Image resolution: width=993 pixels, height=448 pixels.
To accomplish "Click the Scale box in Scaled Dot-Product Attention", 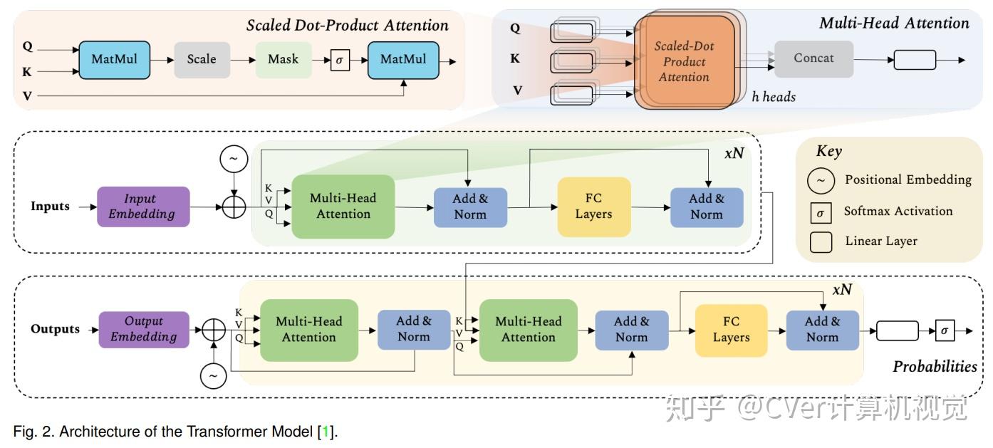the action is [202, 60].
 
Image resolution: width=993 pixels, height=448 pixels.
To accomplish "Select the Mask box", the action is [284, 60].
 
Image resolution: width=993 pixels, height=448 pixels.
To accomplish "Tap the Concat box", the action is [813, 59].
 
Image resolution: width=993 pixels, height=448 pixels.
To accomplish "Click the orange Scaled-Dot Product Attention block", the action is [684, 61].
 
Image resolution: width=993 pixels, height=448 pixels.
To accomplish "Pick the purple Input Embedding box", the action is [143, 207].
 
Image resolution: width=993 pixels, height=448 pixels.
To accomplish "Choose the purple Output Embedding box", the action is [144, 329].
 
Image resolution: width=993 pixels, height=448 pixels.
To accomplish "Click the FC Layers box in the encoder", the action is [593, 207].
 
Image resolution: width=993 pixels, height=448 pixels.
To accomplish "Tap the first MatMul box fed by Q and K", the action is [115, 60].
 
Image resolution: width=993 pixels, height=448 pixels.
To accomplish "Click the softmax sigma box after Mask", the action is [340, 61].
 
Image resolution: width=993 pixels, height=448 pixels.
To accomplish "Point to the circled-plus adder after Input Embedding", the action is [234, 207].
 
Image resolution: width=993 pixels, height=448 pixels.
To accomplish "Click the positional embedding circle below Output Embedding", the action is [213, 376].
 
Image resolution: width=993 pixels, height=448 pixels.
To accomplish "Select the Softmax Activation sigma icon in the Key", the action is [821, 213].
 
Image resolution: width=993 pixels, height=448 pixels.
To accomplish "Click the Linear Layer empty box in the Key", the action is [821, 242].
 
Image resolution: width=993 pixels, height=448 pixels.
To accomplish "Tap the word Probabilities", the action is [935, 367].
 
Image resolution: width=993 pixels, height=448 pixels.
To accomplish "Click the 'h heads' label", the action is [774, 97].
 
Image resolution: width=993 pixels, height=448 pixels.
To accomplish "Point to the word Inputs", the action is [50, 206].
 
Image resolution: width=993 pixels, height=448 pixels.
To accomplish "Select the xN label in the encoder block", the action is [734, 153].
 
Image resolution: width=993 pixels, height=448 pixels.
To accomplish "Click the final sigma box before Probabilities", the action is [945, 330].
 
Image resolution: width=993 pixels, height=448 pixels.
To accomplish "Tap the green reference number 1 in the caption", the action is [326, 431].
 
